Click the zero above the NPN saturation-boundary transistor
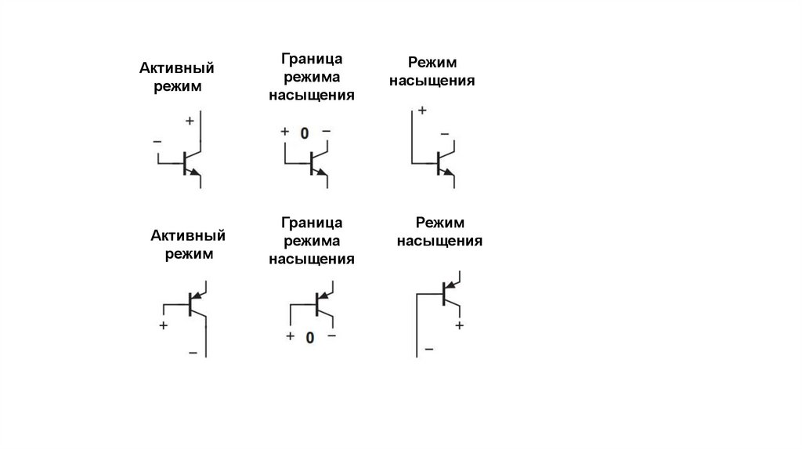305,132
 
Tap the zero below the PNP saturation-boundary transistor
310,338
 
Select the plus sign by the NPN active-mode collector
190,122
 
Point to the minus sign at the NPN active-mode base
157,142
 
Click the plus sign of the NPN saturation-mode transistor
422,111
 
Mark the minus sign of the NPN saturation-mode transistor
445,135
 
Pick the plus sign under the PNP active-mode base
164,325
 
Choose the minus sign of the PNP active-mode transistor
193,353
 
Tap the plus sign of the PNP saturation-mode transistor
460,324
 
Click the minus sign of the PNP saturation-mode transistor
428,348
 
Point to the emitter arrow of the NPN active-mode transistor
195,171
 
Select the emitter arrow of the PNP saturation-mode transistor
450,285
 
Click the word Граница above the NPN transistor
311,60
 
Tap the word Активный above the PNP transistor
188,235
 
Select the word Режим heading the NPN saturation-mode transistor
432,62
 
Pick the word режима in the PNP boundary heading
311,241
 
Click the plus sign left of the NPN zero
285,131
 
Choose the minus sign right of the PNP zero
331,336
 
